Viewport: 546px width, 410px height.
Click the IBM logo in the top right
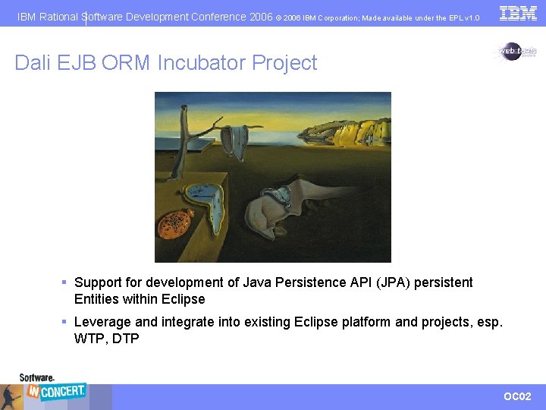tap(518, 13)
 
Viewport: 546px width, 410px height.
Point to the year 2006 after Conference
tap(260, 17)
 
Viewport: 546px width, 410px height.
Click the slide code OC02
tap(518, 396)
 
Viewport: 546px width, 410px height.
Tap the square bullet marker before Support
tap(65, 282)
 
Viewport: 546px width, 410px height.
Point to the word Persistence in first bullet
tap(310, 282)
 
